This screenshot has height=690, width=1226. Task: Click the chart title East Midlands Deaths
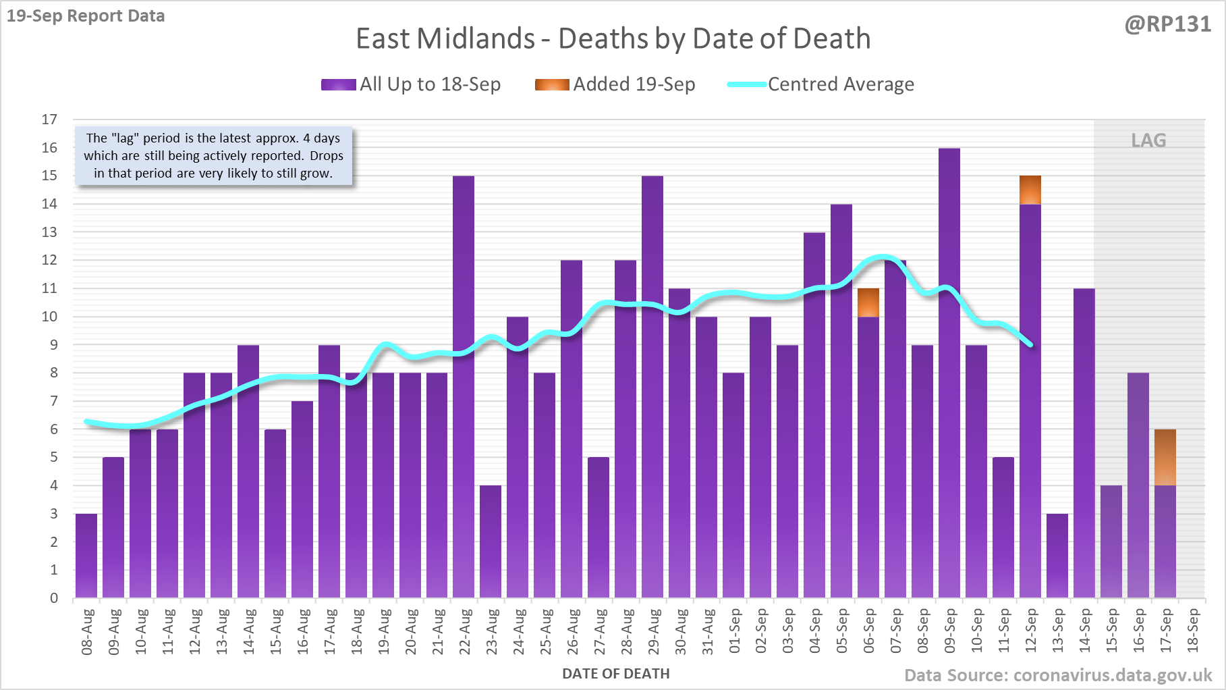tap(613, 38)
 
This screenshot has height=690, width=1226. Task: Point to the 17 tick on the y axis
tap(49, 120)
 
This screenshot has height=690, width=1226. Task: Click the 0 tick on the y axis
tap(54, 598)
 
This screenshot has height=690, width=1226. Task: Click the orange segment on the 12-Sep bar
tap(1030, 190)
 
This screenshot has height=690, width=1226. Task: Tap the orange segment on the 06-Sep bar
tap(868, 302)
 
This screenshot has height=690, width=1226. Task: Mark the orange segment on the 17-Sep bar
tap(1165, 457)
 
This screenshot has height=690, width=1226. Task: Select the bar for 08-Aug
tap(86, 556)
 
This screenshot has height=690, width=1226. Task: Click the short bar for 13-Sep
tap(1057, 556)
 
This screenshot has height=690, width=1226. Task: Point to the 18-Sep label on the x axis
tap(1193, 631)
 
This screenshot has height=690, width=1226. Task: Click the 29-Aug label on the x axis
tap(653, 631)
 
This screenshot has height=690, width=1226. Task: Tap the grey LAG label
tap(1148, 140)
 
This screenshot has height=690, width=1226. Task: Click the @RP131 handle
tap(1167, 24)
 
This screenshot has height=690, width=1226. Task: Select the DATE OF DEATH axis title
tap(615, 674)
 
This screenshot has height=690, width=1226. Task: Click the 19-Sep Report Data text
tap(86, 16)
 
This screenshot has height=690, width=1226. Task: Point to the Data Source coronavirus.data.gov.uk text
tap(1057, 675)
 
